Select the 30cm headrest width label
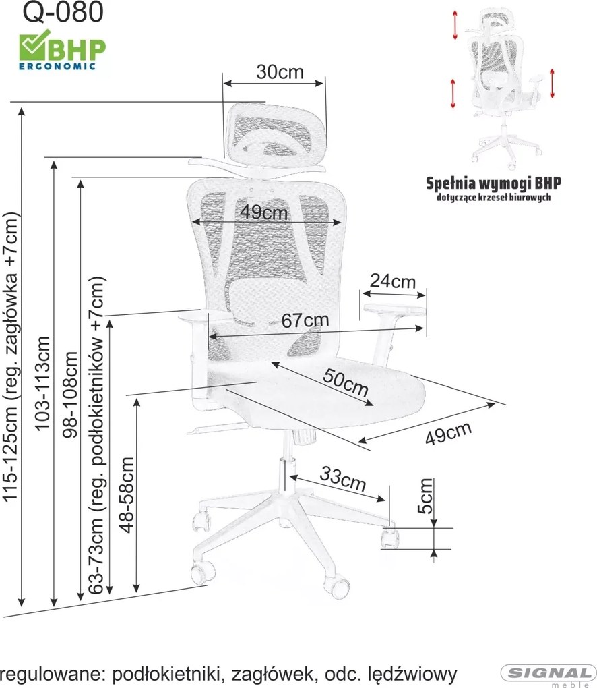280,72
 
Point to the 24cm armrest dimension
393,281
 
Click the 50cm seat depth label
345,382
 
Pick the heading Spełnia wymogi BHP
493,183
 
